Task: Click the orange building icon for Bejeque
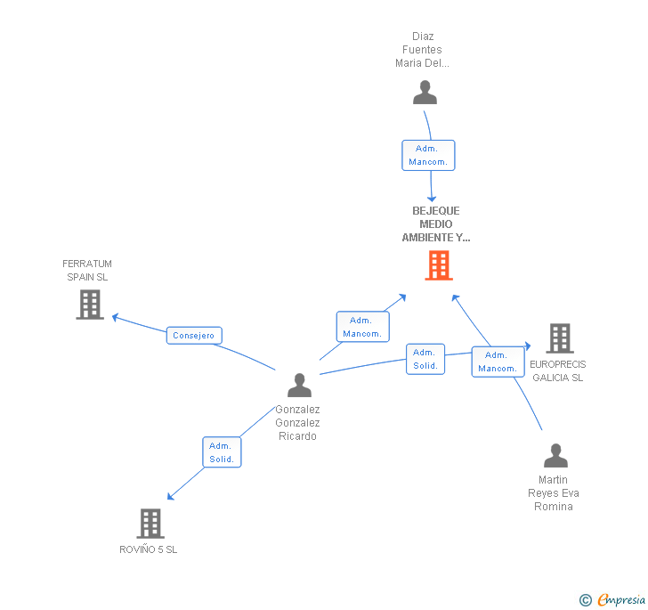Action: point(439,265)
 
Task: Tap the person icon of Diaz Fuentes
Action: point(425,93)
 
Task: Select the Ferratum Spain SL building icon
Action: point(90,305)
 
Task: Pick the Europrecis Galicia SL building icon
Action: point(559,338)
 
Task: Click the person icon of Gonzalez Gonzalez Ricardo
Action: point(300,386)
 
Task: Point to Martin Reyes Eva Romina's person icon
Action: point(555,456)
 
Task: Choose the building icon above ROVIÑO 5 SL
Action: point(151,523)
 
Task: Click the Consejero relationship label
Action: point(194,336)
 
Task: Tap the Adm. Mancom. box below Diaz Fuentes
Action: point(428,155)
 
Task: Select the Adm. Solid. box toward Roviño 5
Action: point(222,452)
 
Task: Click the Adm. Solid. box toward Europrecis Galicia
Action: point(425,359)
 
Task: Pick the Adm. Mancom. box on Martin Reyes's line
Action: point(498,362)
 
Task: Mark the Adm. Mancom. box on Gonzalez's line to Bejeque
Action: point(362,327)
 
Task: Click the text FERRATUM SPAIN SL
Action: point(87,271)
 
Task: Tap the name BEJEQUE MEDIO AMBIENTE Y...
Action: point(436,224)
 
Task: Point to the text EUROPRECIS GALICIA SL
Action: point(558,370)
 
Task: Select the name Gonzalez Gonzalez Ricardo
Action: point(297,423)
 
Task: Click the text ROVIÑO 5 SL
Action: point(149,549)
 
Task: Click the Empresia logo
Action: point(621,600)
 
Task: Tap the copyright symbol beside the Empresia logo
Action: point(586,600)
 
